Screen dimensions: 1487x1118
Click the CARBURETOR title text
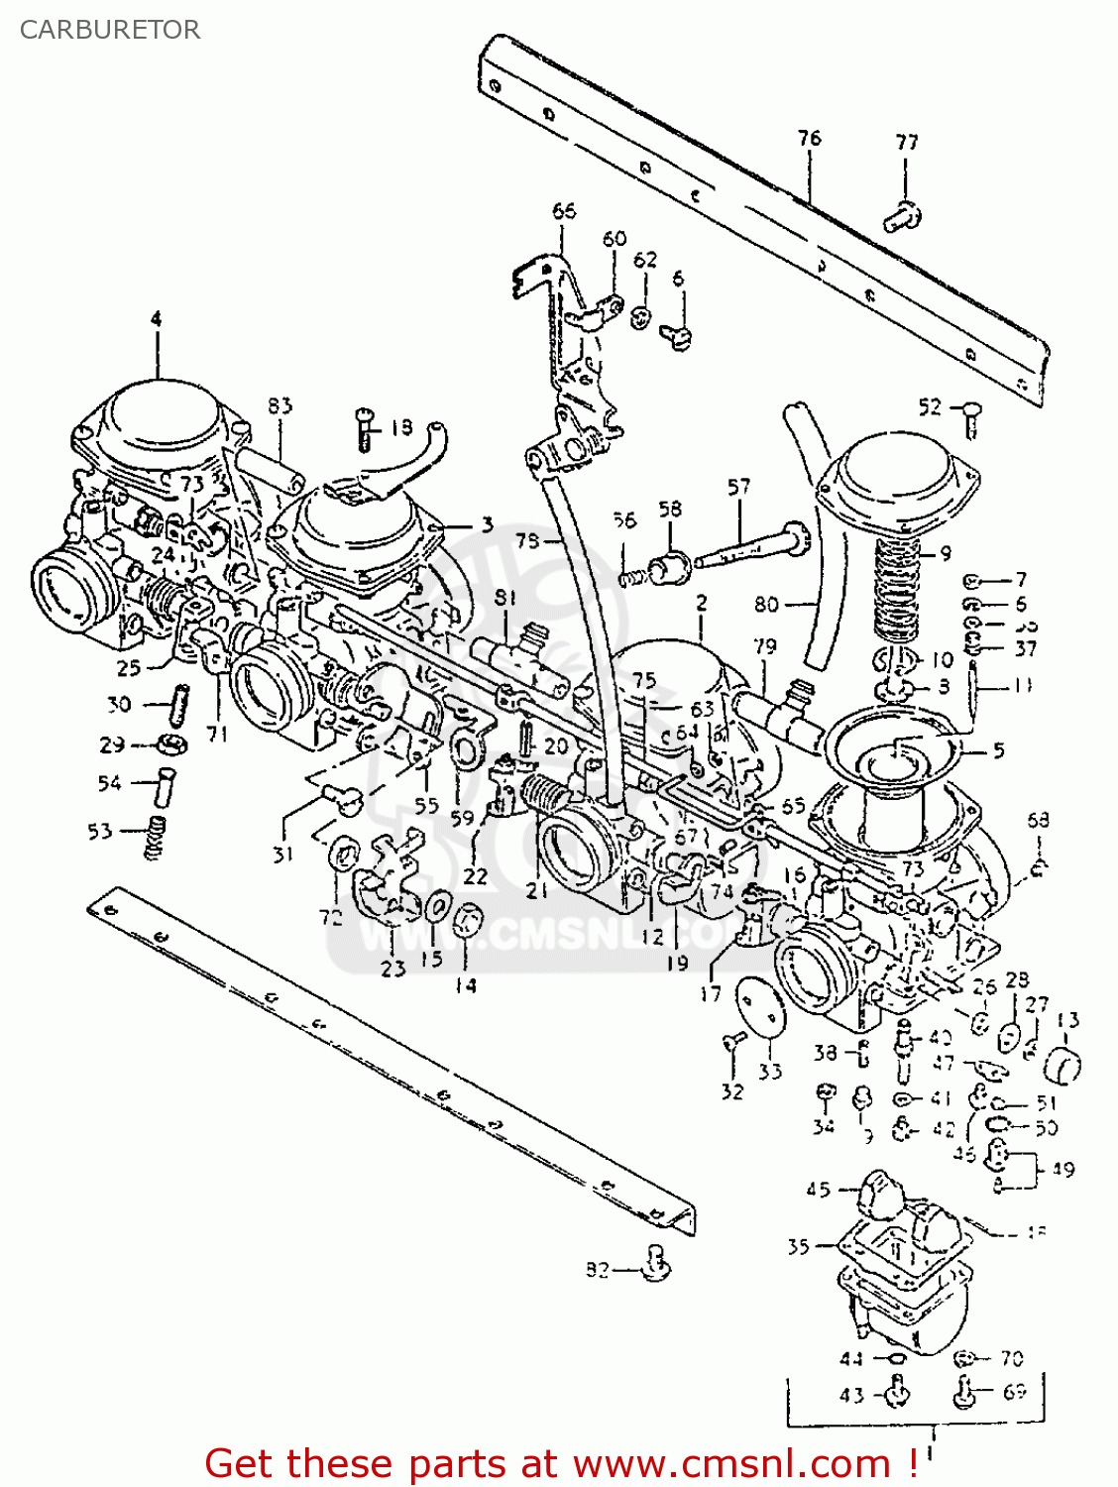[x=109, y=30]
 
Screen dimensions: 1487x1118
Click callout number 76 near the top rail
[x=809, y=138]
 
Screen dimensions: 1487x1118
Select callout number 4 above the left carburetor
[x=156, y=319]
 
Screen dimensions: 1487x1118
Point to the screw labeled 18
[x=364, y=429]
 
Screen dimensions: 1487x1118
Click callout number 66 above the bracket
[x=563, y=210]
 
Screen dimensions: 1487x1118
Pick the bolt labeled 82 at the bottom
[x=655, y=1264]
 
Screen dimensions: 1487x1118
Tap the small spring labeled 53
[x=153, y=838]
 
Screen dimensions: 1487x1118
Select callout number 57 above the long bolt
[x=738, y=487]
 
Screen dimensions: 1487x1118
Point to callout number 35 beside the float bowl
[x=798, y=1247]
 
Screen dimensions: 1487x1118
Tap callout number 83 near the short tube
[x=279, y=405]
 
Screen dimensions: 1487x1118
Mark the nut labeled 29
[x=171, y=744]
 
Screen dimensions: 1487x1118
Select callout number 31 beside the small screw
[x=283, y=854]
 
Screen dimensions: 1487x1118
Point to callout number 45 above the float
[x=818, y=1189]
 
